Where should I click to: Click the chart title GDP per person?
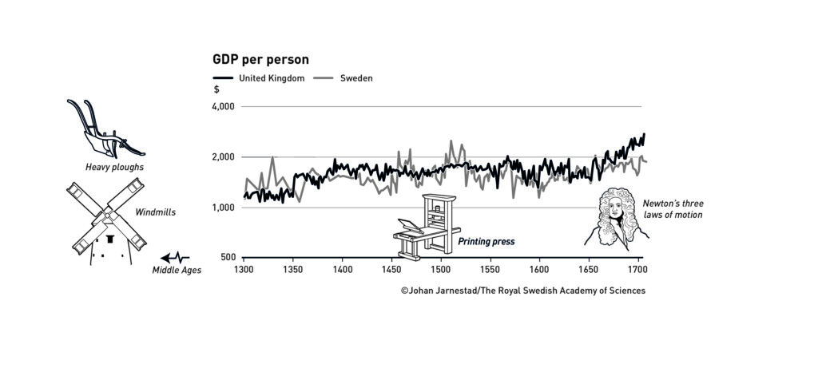click(260, 60)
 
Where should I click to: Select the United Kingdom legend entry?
click(271, 78)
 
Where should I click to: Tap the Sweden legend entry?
click(356, 78)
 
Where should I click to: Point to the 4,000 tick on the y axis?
click(222, 107)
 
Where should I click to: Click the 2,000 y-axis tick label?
click(222, 157)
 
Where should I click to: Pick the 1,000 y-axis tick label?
click(222, 208)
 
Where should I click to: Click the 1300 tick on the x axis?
click(244, 270)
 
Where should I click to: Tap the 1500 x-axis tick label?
click(441, 270)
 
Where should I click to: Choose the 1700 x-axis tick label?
click(637, 270)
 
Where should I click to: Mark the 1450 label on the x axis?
click(391, 270)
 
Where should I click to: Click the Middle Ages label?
click(177, 270)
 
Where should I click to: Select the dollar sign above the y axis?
click(216, 90)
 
